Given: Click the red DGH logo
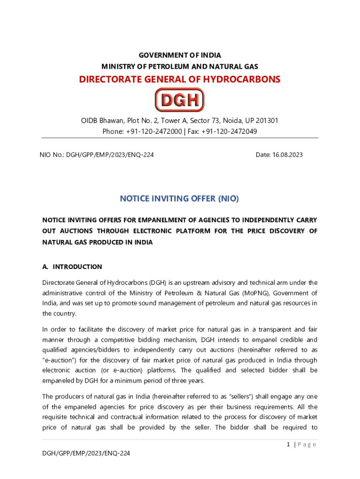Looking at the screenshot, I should point(180,100).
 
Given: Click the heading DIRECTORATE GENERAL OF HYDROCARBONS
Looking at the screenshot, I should point(180,79).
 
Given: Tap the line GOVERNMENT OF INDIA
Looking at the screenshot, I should point(180,56).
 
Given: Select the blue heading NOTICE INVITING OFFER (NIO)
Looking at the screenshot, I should point(180,199).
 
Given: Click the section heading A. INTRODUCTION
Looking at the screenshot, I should point(72,267).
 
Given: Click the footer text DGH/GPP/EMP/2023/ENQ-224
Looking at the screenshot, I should point(86,465).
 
